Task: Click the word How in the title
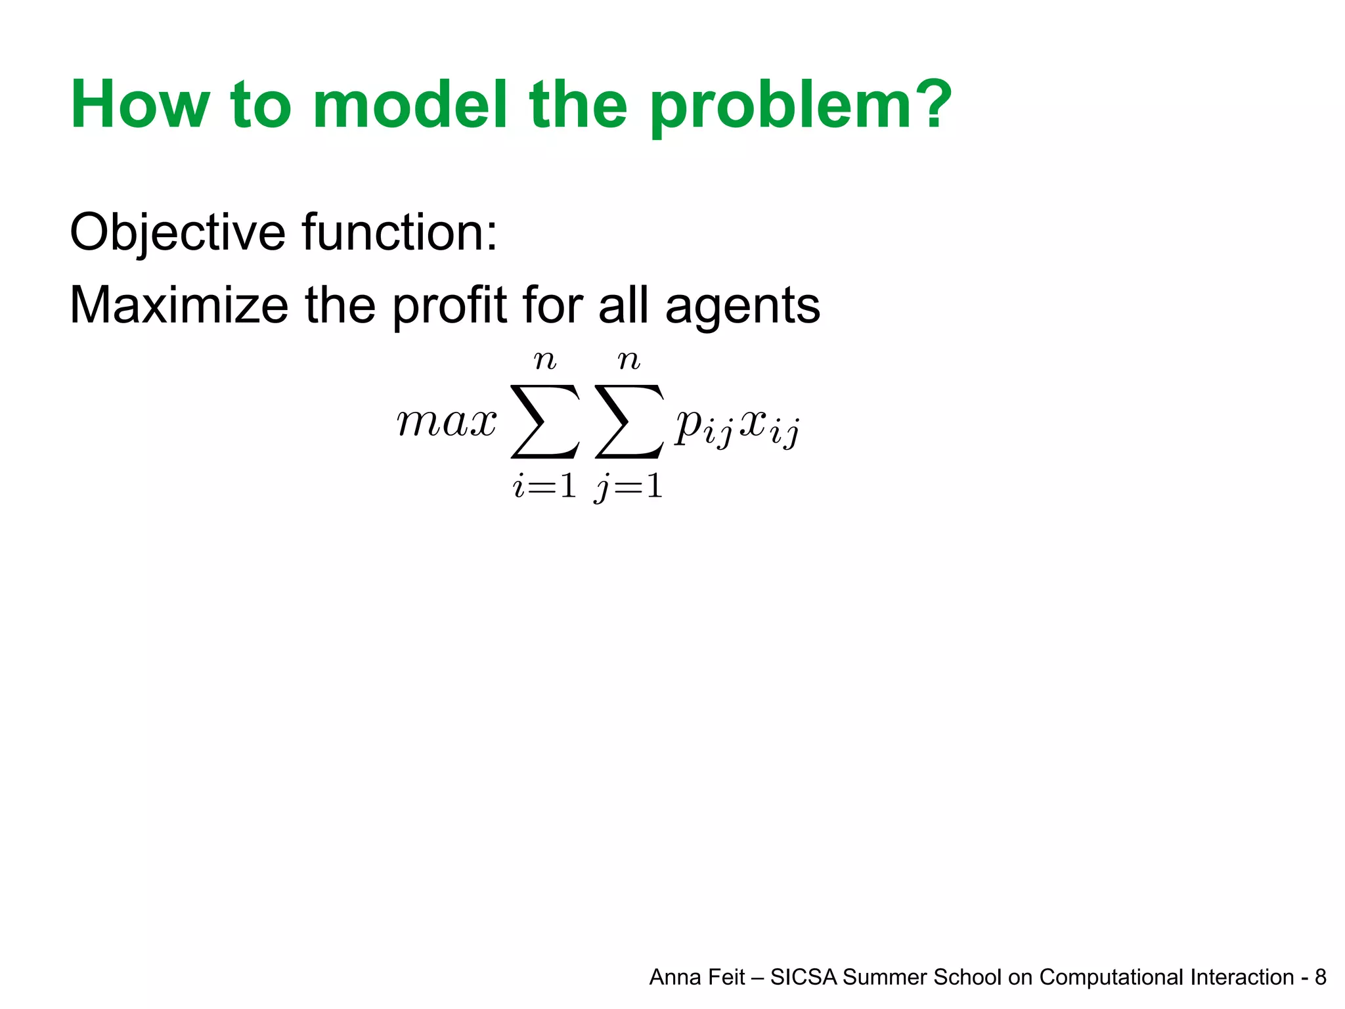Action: click(x=140, y=105)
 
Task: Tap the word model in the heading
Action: click(x=410, y=105)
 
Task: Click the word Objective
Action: click(x=178, y=234)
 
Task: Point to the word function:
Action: click(x=399, y=233)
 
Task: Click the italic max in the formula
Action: click(x=447, y=422)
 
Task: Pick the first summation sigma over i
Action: click(x=545, y=422)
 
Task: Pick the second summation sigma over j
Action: click(x=629, y=422)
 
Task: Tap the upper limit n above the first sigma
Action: click(x=545, y=360)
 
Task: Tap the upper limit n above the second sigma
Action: click(x=629, y=360)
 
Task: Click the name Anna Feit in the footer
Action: click(x=697, y=977)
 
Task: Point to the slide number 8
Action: click(x=1320, y=977)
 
